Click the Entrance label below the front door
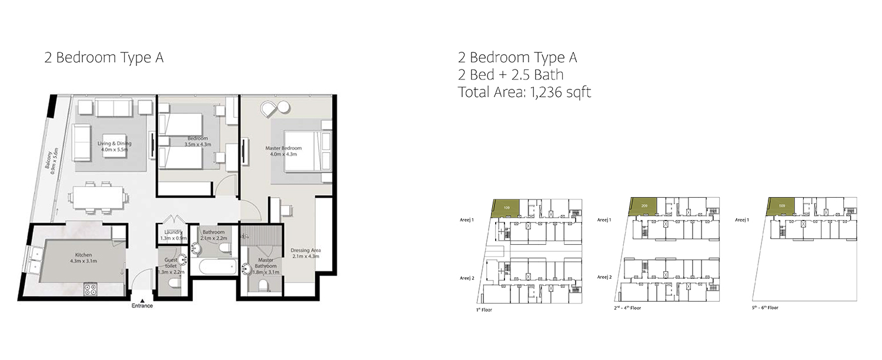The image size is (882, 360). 142,305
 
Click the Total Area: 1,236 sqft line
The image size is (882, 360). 524,91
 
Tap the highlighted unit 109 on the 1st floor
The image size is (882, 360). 506,208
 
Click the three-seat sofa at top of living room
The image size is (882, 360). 114,108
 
